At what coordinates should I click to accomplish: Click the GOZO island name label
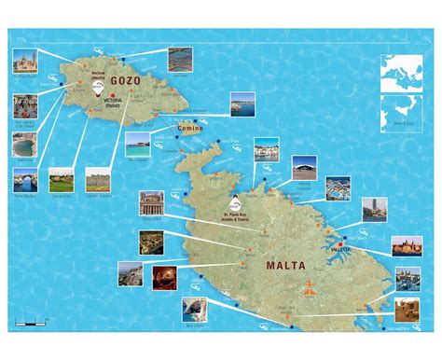coord(127,80)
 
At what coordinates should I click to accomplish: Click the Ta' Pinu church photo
coord(25,63)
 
